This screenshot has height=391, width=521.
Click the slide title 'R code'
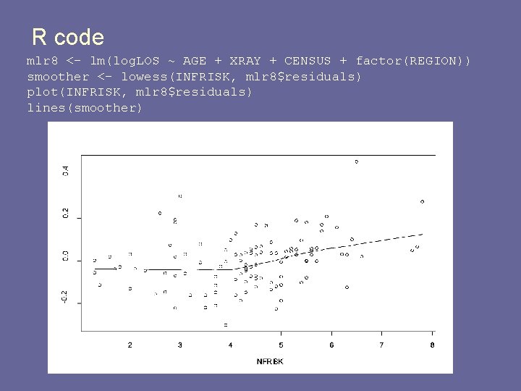[68, 37]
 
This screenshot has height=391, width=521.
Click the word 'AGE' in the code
[195, 61]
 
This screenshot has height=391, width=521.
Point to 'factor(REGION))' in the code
[413, 61]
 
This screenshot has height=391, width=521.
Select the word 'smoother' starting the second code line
[58, 76]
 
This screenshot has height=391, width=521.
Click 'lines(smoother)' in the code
[85, 108]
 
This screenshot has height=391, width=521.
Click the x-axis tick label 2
[130, 345]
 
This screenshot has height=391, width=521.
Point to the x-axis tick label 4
[231, 345]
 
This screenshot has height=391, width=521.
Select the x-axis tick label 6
[331, 345]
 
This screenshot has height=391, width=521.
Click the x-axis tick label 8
[432, 345]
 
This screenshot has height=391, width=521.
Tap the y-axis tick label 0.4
[66, 171]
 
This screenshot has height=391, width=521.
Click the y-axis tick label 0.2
[66, 214]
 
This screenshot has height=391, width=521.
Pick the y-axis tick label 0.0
[66, 256]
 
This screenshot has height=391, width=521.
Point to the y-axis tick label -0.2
[66, 297]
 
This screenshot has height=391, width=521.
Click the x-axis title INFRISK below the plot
[270, 361]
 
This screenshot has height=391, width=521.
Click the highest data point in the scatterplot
[356, 161]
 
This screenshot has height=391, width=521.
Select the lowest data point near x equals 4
[226, 324]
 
